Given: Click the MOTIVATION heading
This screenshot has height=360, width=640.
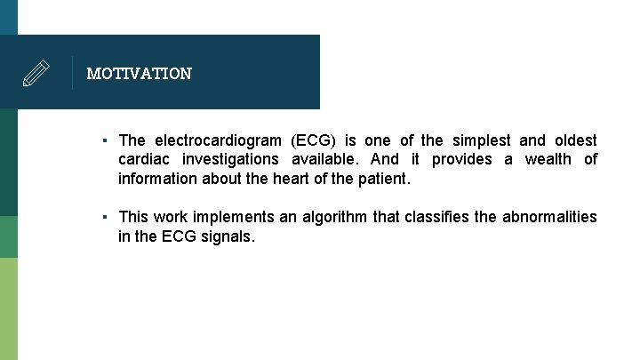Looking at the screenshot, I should click(139, 74).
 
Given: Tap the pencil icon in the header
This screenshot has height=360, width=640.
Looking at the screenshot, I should click(36, 73).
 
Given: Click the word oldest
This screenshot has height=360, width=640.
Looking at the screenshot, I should click(576, 140).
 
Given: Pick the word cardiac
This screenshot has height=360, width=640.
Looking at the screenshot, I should click(142, 159).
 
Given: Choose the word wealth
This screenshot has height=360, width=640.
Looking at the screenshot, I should click(548, 159).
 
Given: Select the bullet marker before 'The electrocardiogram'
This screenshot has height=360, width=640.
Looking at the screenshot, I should click(105, 140).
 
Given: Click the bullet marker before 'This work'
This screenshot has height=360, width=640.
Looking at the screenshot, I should click(105, 217).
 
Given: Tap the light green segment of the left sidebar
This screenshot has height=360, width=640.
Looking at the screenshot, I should click(9, 308).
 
